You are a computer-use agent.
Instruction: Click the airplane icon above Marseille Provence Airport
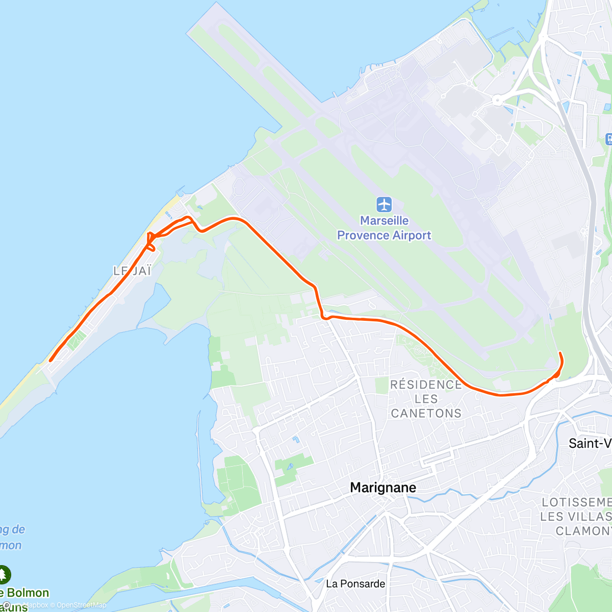click(x=384, y=205)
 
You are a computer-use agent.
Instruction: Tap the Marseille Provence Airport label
click(x=384, y=228)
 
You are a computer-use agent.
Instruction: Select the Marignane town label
click(x=383, y=488)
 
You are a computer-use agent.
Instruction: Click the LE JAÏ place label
click(x=132, y=271)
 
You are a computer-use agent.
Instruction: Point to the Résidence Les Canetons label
click(x=426, y=399)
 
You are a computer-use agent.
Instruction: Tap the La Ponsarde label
click(x=355, y=583)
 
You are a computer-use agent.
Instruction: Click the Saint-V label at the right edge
click(x=590, y=443)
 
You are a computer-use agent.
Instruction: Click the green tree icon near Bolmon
click(x=4, y=575)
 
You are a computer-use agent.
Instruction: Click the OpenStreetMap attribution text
click(x=82, y=605)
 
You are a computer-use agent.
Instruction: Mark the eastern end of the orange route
click(x=560, y=353)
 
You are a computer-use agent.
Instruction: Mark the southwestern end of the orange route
click(x=50, y=361)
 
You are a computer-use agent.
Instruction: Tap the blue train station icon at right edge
click(x=608, y=138)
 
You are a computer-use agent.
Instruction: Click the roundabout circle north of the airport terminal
click(x=497, y=100)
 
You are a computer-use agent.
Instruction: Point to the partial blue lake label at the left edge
click(x=11, y=537)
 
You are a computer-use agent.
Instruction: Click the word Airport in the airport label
click(x=412, y=235)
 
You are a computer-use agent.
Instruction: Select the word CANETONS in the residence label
click(x=426, y=413)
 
